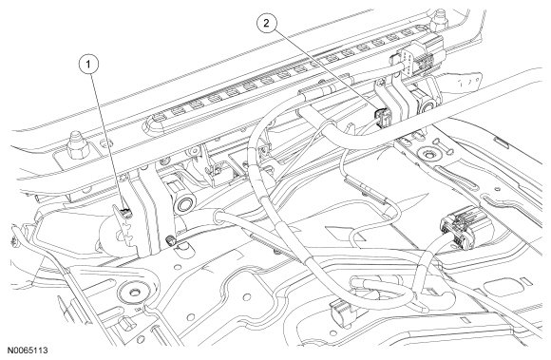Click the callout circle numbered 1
click(x=89, y=65)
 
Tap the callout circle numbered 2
click(x=266, y=23)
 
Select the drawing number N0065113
click(x=28, y=351)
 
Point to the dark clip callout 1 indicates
click(x=125, y=212)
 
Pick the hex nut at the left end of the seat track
click(x=79, y=144)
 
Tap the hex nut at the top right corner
click(x=440, y=21)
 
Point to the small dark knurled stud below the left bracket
click(x=170, y=240)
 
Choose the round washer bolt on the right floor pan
click(x=428, y=154)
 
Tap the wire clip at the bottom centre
click(x=342, y=312)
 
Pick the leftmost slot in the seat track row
click(x=161, y=119)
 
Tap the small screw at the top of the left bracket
click(x=123, y=178)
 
